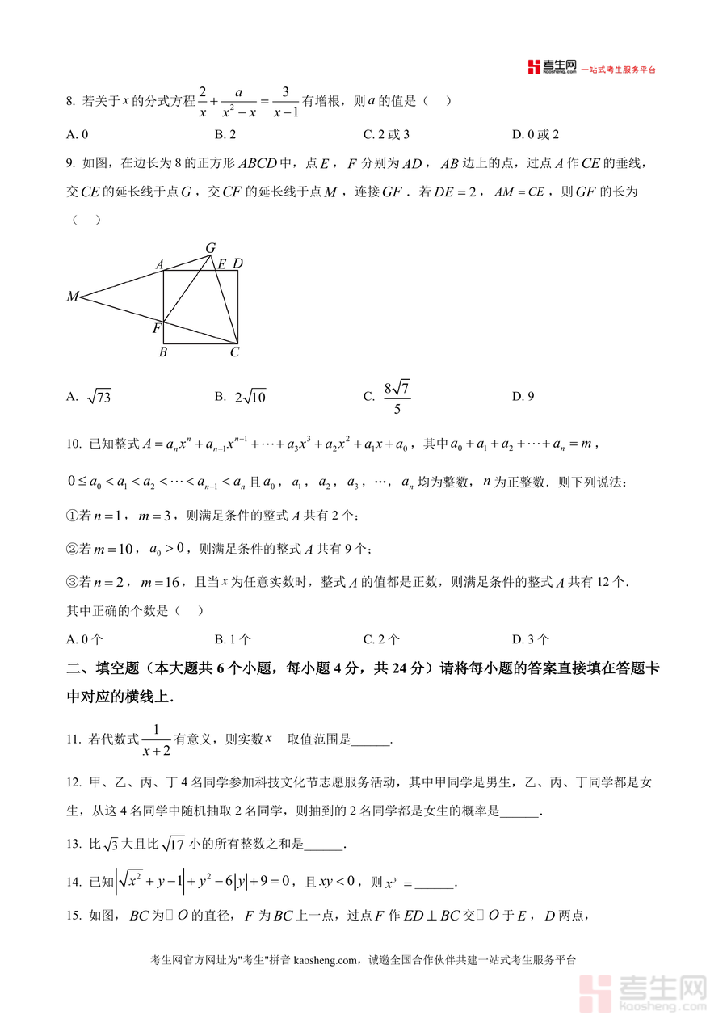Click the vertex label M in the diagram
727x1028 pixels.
[73, 297]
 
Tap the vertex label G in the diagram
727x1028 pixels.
[210, 247]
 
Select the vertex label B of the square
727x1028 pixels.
[163, 352]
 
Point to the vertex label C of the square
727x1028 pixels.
[234, 352]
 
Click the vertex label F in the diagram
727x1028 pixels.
[157, 329]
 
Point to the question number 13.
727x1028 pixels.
[74, 845]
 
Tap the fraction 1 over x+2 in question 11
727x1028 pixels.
[156, 739]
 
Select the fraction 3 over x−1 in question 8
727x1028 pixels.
[286, 102]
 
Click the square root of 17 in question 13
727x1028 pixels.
[174, 845]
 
